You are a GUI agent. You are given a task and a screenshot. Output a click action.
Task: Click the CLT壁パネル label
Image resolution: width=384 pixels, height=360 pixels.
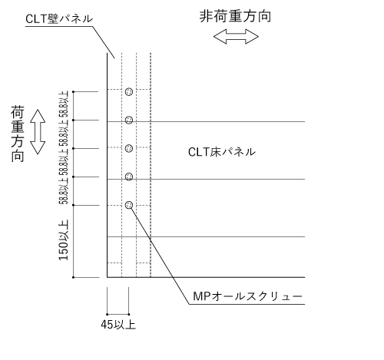point(59,18)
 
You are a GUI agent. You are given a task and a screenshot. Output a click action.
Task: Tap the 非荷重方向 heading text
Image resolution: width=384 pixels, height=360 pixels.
point(235,16)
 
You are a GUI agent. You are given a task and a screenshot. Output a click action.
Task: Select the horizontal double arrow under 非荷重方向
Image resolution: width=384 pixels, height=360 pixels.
point(236,37)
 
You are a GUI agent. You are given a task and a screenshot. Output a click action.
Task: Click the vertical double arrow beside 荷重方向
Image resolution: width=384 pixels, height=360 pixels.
point(38,132)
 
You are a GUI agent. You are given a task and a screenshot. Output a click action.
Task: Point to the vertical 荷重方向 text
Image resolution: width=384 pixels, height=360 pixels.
point(18,134)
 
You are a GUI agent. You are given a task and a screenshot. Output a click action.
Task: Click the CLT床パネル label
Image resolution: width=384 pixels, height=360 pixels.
point(222,152)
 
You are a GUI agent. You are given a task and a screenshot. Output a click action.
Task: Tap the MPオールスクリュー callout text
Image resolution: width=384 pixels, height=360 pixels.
point(247,296)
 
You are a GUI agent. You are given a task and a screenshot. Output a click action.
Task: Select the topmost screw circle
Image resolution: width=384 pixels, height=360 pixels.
point(129,91)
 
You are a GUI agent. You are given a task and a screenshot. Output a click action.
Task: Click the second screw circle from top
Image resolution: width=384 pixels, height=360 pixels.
point(129,120)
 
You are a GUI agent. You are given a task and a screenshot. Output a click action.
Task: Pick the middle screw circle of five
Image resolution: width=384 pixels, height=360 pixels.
point(129,148)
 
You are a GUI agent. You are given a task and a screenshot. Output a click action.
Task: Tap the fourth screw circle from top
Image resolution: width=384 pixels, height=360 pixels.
point(129,177)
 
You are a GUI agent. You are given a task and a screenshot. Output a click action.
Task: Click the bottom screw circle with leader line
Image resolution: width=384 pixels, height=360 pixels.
point(129,205)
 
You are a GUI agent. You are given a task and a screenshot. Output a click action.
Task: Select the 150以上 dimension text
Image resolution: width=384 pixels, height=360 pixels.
point(64,240)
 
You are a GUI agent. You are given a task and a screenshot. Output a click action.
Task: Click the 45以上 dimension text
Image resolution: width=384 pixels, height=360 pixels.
point(118,325)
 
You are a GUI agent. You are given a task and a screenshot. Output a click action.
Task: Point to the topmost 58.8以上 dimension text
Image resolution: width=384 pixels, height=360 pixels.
point(64,104)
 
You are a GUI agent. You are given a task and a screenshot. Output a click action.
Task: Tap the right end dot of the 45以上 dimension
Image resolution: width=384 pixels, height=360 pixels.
point(129,314)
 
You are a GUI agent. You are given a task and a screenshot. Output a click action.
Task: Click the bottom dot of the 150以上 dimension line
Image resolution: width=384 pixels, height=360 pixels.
point(74,277)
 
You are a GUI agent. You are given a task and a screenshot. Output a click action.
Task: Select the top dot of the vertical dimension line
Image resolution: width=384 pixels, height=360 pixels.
point(74,91)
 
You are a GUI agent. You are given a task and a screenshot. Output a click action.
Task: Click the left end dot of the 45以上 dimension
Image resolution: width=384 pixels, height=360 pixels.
point(108,314)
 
